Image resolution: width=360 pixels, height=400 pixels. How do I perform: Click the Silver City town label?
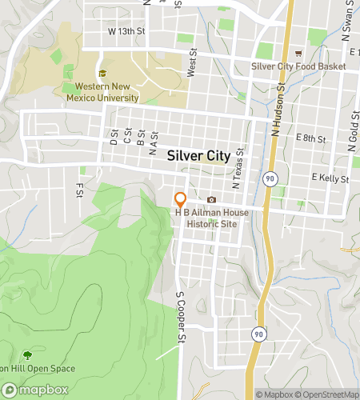198,157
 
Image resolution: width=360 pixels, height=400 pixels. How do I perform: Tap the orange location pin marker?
181,200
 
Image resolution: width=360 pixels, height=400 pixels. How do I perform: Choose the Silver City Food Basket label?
298,66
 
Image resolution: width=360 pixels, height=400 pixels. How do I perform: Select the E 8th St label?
310,138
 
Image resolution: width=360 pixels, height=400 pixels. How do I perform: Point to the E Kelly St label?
330,177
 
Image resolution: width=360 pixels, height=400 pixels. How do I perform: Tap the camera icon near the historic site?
212,199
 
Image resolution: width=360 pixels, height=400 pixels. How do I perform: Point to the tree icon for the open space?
28,354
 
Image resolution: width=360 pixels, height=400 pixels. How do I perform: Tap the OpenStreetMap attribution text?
329,394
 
